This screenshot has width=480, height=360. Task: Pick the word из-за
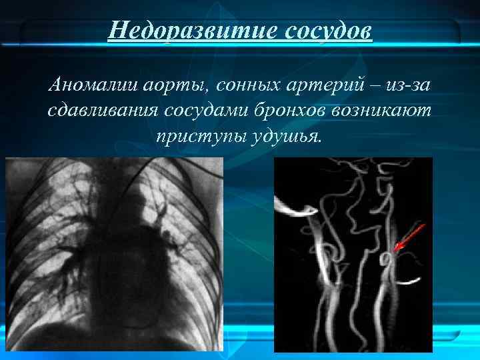(407, 85)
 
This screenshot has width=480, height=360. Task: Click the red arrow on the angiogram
(409, 237)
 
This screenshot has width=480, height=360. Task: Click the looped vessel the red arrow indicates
(387, 259)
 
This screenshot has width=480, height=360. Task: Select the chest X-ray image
(113, 253)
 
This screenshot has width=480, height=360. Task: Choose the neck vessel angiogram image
(353, 253)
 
